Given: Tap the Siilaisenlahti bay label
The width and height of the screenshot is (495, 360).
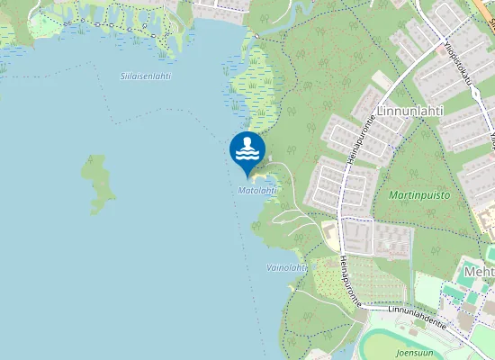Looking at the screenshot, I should (145, 76).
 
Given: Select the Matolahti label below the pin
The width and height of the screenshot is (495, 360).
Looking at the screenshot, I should (256, 191).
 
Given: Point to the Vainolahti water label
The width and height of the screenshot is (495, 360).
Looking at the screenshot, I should (287, 267).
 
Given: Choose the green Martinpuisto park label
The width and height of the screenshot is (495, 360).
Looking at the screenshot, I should (418, 194).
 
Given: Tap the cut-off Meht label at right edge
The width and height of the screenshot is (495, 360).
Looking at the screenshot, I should (478, 271).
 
